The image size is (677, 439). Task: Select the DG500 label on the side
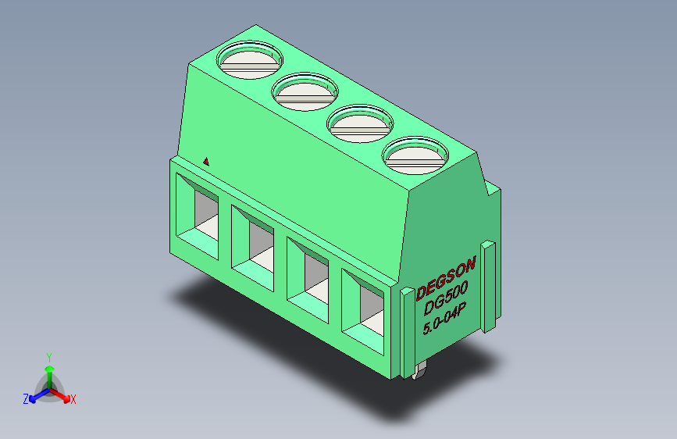click(x=443, y=296)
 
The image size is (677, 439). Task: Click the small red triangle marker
click(x=206, y=162)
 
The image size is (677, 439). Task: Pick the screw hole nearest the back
click(x=250, y=59)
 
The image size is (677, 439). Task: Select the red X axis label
click(x=73, y=399)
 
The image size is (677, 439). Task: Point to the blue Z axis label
click(x=26, y=398)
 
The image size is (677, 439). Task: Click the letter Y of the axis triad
click(x=49, y=355)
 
